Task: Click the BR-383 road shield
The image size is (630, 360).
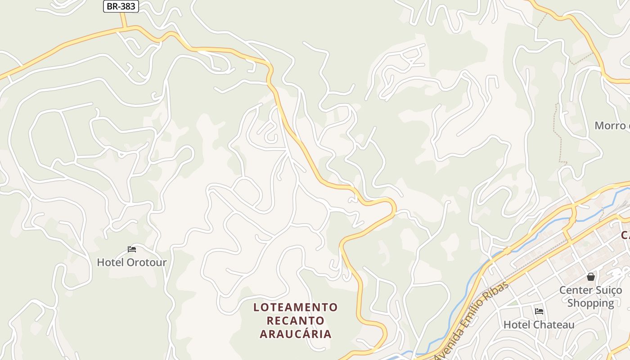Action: [121, 6]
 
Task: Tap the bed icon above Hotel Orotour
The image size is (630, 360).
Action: [132, 249]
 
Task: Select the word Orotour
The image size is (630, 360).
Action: [146, 262]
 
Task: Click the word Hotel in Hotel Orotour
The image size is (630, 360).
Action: [110, 262]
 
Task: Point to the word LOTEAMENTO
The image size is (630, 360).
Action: [295, 307]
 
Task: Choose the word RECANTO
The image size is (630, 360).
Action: [295, 321]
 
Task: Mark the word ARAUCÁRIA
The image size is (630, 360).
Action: [295, 334]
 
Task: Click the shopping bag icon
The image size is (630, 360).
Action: [591, 276]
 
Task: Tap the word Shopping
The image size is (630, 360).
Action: [590, 303]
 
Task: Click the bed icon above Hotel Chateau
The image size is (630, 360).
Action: [539, 311]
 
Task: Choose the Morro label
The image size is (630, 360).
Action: [611, 126]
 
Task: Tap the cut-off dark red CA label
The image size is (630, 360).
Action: [625, 235]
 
